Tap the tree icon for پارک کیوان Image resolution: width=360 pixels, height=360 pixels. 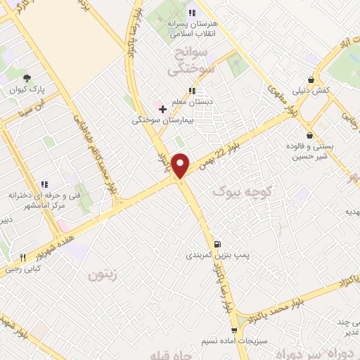click(27, 78)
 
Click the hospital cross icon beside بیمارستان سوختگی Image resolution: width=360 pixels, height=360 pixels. click(162, 109)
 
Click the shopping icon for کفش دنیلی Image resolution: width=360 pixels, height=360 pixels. click(311, 79)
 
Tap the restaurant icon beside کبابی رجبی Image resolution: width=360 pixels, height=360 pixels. click(22, 257)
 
